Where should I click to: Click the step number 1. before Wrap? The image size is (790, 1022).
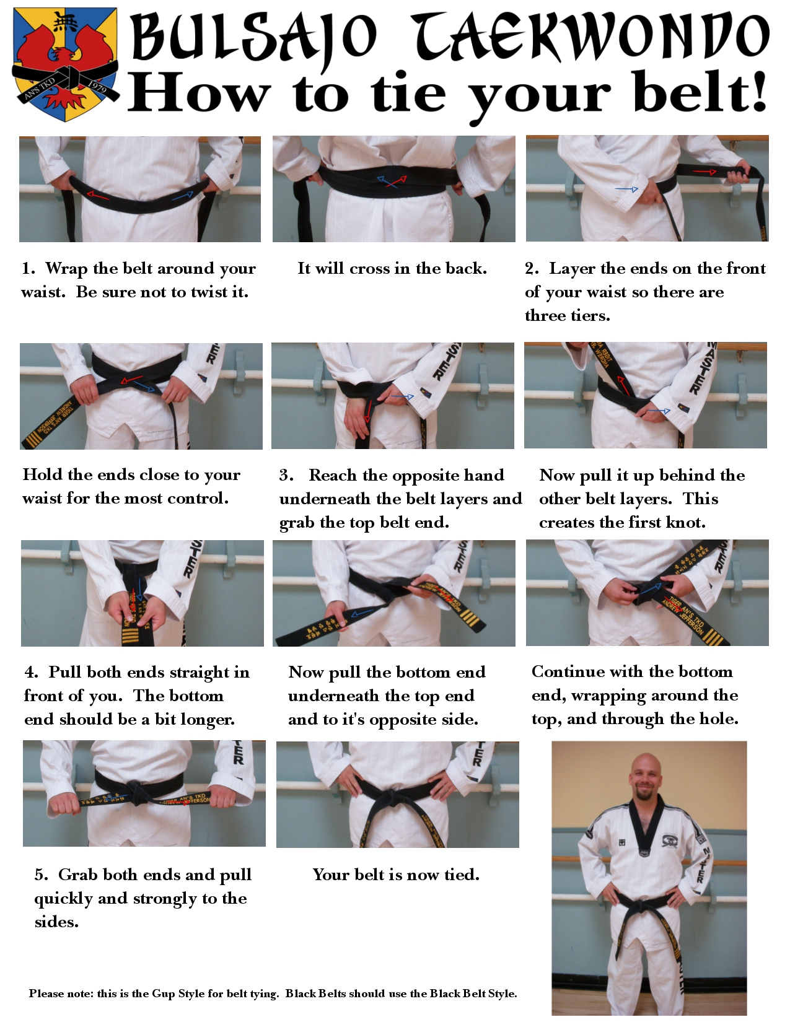(29, 269)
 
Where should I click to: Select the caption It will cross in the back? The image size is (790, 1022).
(392, 268)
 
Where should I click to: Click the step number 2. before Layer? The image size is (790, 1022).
(532, 269)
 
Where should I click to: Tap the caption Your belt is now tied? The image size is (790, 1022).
(396, 875)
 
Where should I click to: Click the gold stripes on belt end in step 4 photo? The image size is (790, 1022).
(130, 635)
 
